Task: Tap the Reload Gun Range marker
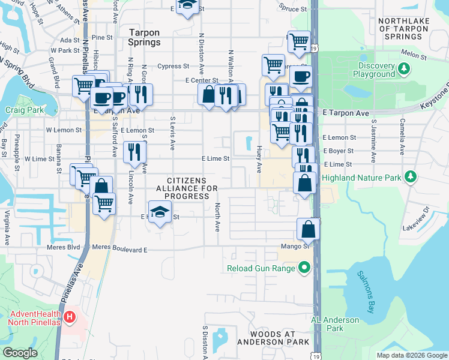(x=304, y=268)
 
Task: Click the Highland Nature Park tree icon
(x=411, y=177)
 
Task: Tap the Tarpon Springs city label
(x=145, y=37)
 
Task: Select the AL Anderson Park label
(x=335, y=324)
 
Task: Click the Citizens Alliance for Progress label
(x=186, y=188)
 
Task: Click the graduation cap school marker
(x=160, y=212)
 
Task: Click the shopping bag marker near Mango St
(x=309, y=229)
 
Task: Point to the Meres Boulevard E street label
(x=119, y=247)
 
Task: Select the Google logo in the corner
(x=20, y=352)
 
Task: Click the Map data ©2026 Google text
(x=411, y=355)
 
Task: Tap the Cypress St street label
(x=173, y=66)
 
